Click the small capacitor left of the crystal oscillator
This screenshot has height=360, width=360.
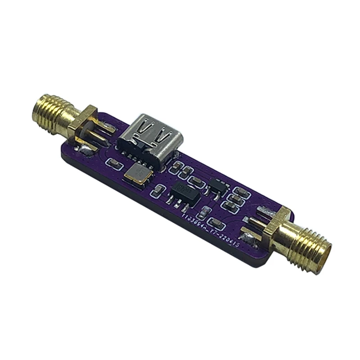(113, 163)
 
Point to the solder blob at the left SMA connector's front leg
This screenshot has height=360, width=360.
(85, 148)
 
